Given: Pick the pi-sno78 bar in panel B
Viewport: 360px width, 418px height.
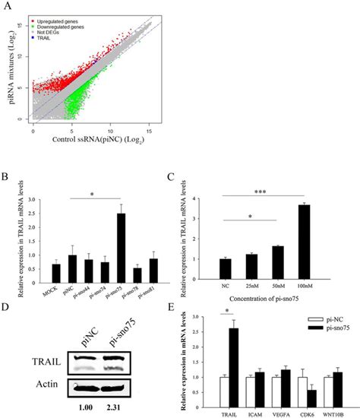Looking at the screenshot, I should (x=137, y=274).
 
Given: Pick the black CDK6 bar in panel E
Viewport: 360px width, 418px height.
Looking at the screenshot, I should (x=311, y=400).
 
